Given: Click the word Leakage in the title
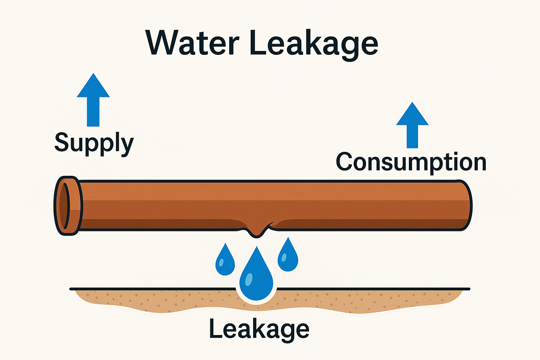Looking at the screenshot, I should click(314, 44).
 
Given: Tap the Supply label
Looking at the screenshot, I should click(94, 143).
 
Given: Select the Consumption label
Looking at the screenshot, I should click(411, 162).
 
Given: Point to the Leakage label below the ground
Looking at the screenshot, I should click(259, 328).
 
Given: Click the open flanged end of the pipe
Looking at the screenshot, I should click(68, 205).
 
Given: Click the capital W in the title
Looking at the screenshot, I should click(164, 43).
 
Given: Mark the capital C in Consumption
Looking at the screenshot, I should click(345, 162).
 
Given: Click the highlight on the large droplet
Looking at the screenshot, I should click(249, 279).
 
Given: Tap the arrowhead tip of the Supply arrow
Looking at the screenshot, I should click(93, 75).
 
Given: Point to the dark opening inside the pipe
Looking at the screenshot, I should click(64, 206).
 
